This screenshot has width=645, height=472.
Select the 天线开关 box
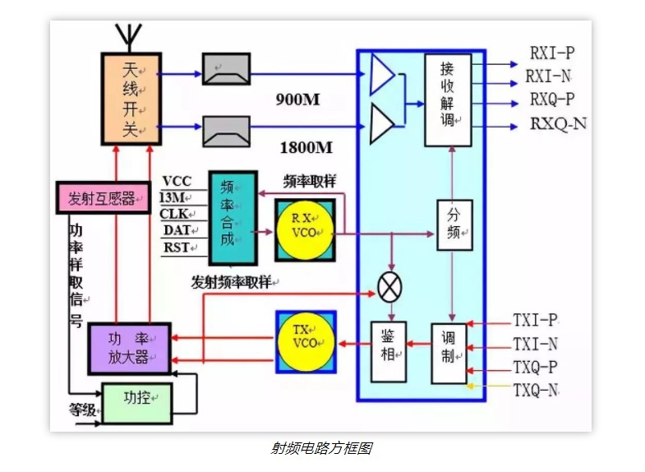point(130,99)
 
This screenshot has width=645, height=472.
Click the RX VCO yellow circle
point(304,229)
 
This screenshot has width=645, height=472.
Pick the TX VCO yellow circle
point(305,340)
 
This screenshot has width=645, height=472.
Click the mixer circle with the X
point(389,286)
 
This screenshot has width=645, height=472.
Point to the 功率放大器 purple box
point(129,348)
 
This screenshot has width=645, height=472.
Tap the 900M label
point(297,100)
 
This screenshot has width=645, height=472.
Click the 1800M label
point(306,148)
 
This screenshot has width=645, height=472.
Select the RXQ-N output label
point(559,124)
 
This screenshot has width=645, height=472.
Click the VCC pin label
point(177,181)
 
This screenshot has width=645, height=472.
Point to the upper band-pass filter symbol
point(227,68)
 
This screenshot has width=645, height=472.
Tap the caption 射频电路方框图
point(321,448)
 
